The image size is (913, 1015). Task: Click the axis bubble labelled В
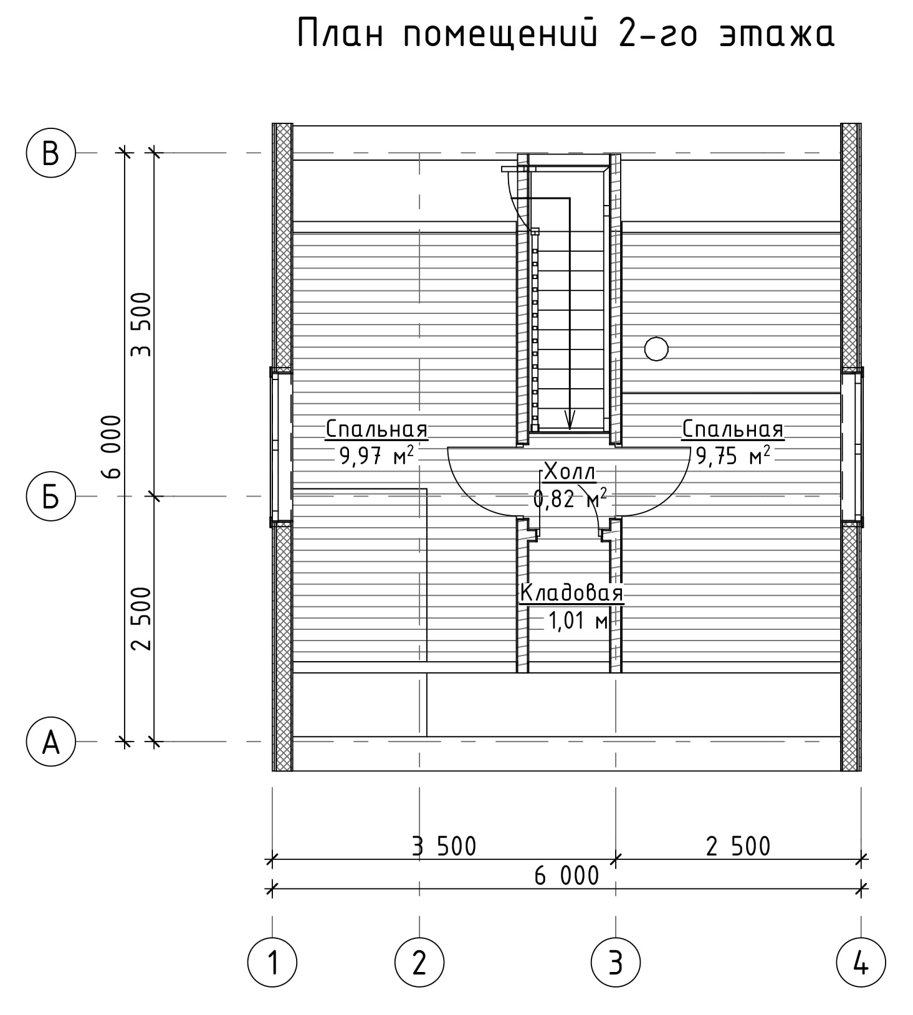click(x=50, y=153)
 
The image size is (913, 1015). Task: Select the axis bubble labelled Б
click(x=50, y=497)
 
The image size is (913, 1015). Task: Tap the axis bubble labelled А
click(x=50, y=741)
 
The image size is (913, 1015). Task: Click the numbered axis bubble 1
click(x=272, y=963)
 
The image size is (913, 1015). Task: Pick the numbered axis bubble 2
click(x=419, y=963)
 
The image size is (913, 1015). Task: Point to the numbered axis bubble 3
click(x=616, y=963)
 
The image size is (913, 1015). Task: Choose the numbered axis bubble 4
click(x=861, y=963)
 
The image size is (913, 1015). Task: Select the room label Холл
click(x=570, y=472)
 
